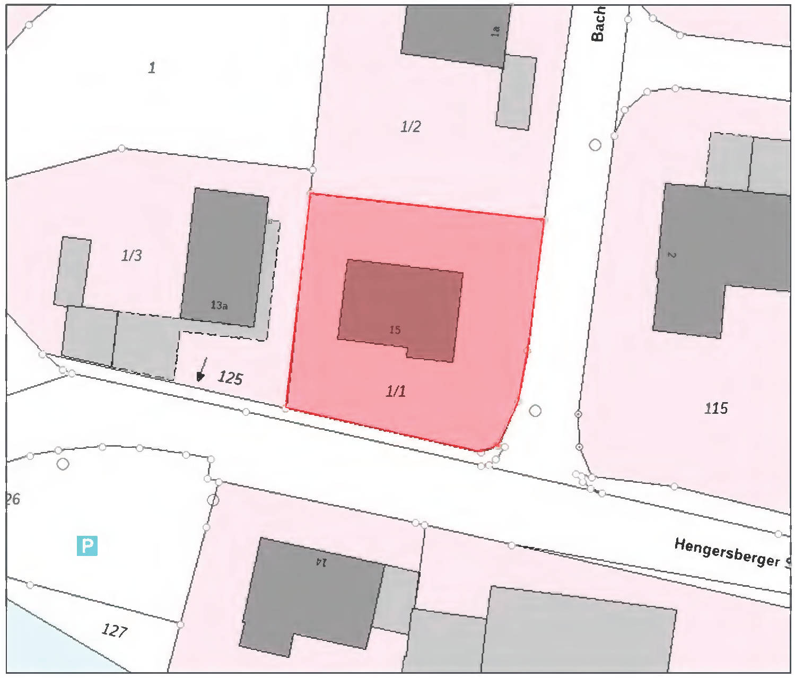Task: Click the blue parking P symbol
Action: pyautogui.click(x=87, y=546)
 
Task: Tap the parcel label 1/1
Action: pyautogui.click(x=396, y=391)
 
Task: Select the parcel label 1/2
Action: pyautogui.click(x=410, y=126)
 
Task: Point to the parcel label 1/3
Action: pyautogui.click(x=132, y=256)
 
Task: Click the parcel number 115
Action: pyautogui.click(x=715, y=408)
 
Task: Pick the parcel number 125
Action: pyautogui.click(x=230, y=378)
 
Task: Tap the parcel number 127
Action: pyautogui.click(x=114, y=630)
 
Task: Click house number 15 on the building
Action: pyautogui.click(x=395, y=330)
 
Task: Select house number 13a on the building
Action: pyautogui.click(x=219, y=306)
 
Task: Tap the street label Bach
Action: pyautogui.click(x=598, y=24)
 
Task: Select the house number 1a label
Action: pyautogui.click(x=495, y=31)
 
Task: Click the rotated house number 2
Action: pyautogui.click(x=671, y=255)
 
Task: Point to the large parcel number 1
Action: pyautogui.click(x=152, y=67)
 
